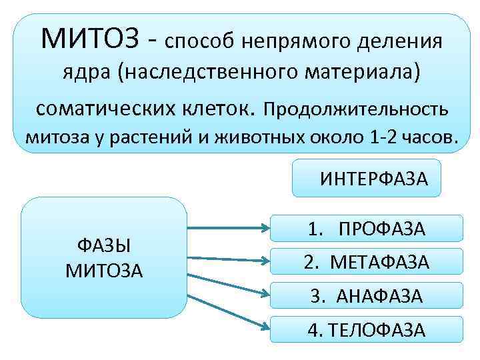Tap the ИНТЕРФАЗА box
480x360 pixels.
(366, 178)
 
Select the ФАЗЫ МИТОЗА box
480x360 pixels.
(104, 257)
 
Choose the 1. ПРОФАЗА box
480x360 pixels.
(366, 229)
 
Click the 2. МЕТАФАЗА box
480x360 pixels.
(366, 261)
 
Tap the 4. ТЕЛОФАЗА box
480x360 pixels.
(366, 329)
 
